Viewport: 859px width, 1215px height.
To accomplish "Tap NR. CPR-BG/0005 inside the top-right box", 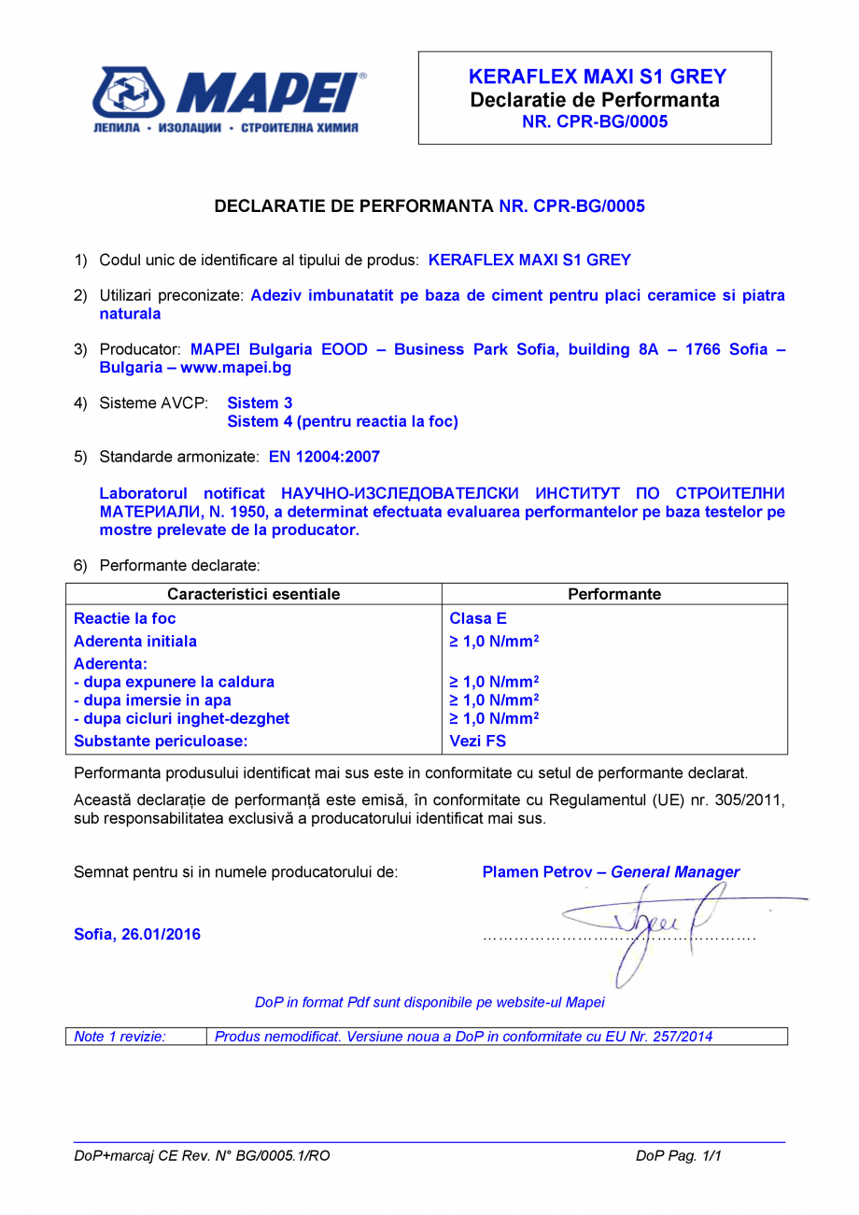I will (x=595, y=121).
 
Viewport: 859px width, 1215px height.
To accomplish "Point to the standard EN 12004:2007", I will (x=324, y=457).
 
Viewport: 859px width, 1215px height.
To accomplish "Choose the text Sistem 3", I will (x=260, y=403).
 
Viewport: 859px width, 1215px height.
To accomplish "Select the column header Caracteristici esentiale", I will (x=253, y=594).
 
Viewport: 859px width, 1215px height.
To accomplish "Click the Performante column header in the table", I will (x=614, y=594).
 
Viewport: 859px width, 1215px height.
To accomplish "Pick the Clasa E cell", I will (x=478, y=618).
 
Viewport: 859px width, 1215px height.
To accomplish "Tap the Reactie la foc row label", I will (x=124, y=618).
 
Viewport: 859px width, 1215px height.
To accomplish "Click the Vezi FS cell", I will (x=478, y=742).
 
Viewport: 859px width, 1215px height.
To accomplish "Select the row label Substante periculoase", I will (x=159, y=742).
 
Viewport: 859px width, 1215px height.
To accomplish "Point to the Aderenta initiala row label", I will (x=135, y=642).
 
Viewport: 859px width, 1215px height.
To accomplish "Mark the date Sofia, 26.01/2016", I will (x=137, y=934).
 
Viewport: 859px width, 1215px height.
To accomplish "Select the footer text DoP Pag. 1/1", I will (x=679, y=1156).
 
